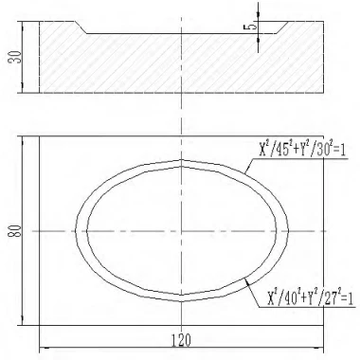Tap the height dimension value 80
(12, 230)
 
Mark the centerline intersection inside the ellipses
(181, 230)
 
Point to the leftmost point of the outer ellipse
(74, 230)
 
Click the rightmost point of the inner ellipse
(276, 230)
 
